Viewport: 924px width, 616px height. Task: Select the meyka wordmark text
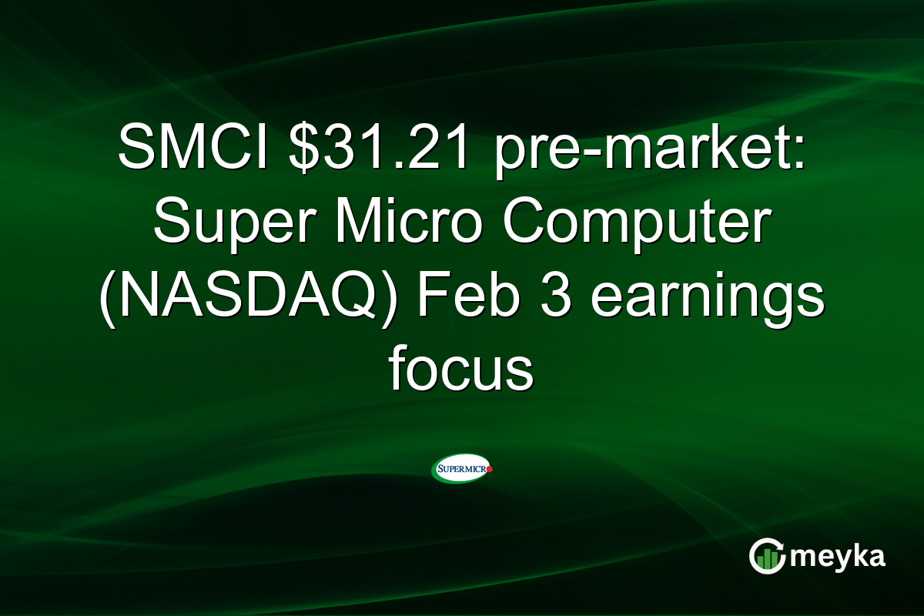(x=838, y=557)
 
